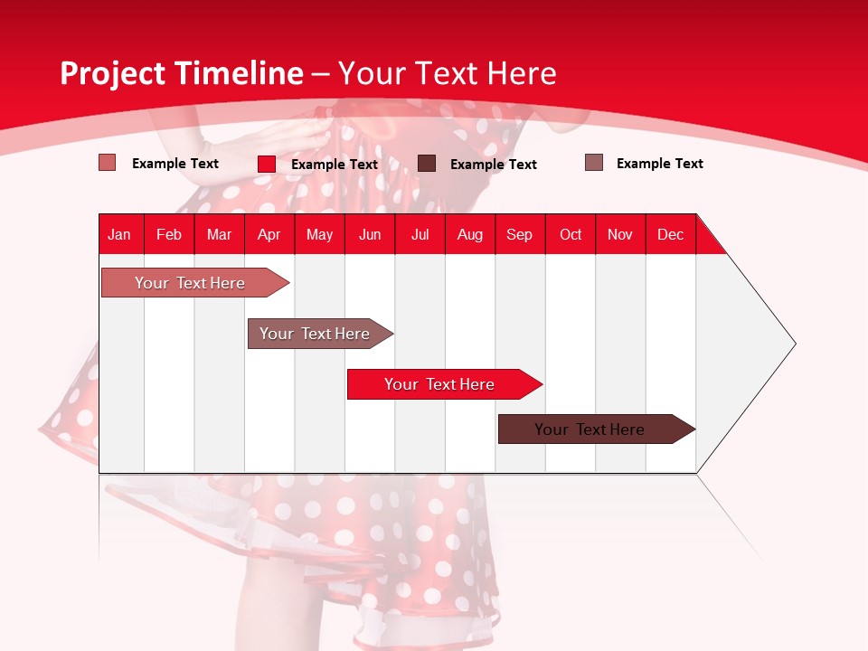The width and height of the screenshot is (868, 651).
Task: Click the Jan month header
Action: point(119,234)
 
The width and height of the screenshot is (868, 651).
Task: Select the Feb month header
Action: point(169,234)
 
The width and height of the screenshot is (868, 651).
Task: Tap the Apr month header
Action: point(269,234)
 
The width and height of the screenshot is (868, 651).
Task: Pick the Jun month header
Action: point(370,234)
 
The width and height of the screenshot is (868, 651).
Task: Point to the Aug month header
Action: point(470,234)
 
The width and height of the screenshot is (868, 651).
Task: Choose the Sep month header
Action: point(520,234)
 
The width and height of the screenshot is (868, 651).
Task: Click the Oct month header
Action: point(571,234)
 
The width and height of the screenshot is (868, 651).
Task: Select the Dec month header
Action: point(671,234)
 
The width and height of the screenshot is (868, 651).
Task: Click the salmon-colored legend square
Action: point(108,163)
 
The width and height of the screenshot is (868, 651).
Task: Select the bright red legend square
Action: point(267,164)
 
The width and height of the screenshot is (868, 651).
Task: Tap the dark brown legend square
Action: point(427,163)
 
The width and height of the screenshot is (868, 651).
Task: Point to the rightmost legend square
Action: point(594,163)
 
